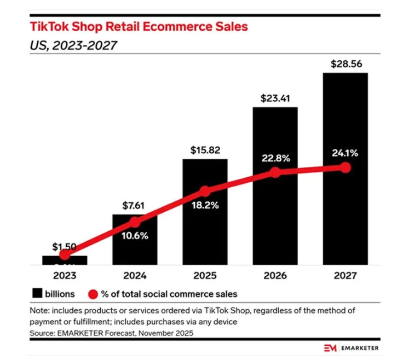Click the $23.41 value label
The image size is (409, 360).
click(x=275, y=99)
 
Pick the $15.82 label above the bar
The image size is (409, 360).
click(x=205, y=150)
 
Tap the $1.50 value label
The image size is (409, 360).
click(x=65, y=247)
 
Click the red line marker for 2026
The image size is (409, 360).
click(x=275, y=172)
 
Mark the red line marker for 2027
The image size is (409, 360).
click(x=345, y=167)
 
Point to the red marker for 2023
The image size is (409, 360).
click(x=65, y=254)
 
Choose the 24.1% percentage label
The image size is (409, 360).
click(x=345, y=153)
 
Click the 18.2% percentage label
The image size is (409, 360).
click(x=205, y=206)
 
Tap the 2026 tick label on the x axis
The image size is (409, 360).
click(x=275, y=276)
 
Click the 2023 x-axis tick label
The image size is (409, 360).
click(x=65, y=276)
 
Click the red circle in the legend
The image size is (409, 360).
click(x=94, y=294)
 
